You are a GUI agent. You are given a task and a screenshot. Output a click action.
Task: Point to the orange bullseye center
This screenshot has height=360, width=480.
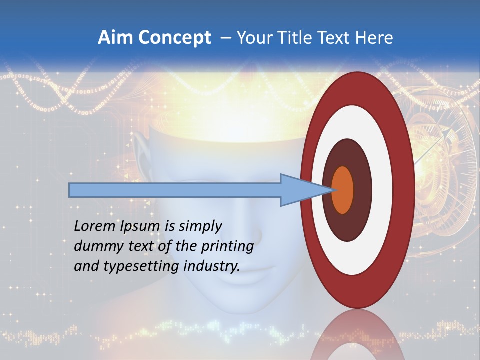(343, 190)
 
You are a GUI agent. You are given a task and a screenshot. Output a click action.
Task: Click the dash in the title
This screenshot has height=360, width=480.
(225, 38)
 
